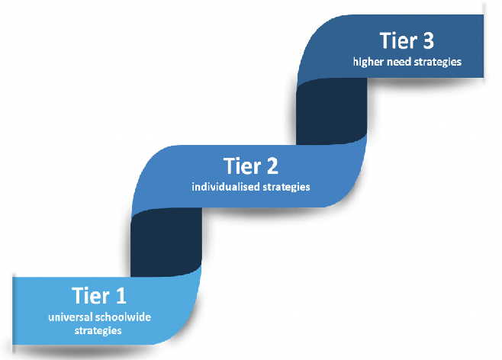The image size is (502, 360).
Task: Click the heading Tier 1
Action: (99, 295)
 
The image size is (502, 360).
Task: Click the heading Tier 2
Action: (251, 166)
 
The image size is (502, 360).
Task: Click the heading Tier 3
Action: (407, 40)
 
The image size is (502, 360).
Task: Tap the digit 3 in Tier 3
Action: (428, 40)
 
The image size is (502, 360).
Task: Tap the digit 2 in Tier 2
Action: (272, 166)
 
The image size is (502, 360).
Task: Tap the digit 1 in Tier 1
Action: (121, 295)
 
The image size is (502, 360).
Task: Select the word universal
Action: (70, 317)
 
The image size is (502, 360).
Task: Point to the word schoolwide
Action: (124, 317)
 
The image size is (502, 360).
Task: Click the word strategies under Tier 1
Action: (98, 330)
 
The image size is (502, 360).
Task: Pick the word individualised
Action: (226, 186)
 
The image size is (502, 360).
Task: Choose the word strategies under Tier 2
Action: (286, 187)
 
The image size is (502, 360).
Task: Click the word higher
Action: (368, 62)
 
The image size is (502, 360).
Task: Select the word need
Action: (399, 62)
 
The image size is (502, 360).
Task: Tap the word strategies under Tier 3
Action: (438, 62)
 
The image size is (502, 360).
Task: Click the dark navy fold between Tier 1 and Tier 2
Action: (166, 243)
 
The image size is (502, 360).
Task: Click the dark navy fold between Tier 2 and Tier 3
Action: (331, 111)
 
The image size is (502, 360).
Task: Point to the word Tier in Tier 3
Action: (398, 40)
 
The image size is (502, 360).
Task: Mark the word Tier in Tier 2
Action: (242, 166)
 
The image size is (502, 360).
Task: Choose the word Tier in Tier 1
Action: (91, 295)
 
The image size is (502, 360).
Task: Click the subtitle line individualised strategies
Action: (251, 187)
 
